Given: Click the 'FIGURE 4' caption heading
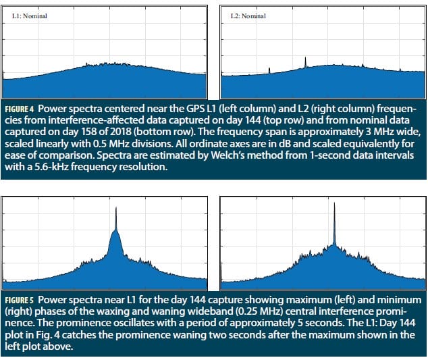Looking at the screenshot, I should [24, 109].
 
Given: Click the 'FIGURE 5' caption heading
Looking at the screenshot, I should [24, 299].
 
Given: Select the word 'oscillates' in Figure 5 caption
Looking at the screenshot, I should [131, 321].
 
